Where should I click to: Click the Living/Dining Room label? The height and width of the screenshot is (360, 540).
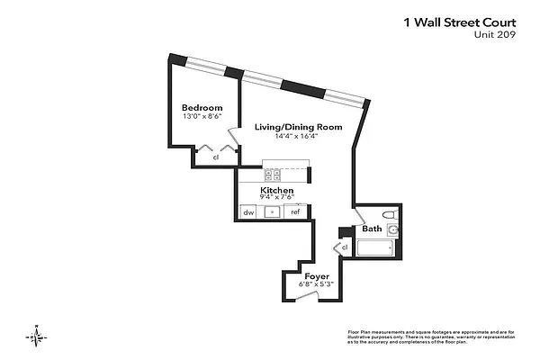298,127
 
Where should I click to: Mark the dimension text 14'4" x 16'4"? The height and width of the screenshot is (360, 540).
298,137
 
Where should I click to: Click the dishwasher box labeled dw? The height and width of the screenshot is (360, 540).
247,212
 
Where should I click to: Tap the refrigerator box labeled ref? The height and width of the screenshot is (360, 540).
294,212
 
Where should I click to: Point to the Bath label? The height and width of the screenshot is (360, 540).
372,229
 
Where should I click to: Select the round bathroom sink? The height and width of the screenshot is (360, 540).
394,230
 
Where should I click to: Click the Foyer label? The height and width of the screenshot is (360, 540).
316,275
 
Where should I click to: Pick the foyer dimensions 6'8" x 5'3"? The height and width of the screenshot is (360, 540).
316,284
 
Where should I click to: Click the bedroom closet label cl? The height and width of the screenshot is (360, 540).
216,158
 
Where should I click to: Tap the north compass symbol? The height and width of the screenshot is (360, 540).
34,335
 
